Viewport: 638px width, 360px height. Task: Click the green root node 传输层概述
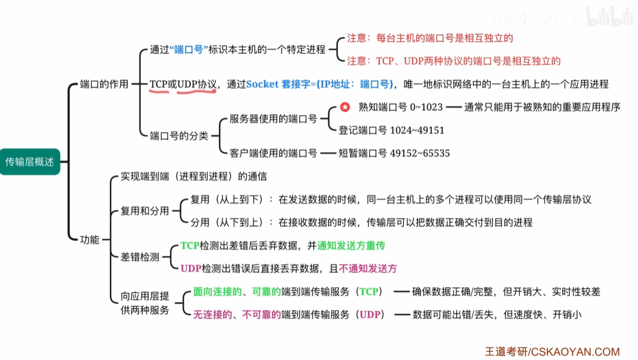tap(29, 162)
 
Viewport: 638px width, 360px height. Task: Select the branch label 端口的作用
tap(104, 84)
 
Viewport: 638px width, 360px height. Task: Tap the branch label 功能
tap(89, 239)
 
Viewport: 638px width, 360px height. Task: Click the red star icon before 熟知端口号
tap(345, 108)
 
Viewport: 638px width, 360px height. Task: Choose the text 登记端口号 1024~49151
tap(391, 130)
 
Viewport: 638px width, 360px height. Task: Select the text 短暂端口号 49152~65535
tap(394, 153)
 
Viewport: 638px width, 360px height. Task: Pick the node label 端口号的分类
tap(179, 136)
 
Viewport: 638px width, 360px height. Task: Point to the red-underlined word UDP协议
tap(198, 84)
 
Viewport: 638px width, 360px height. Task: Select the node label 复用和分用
tap(145, 211)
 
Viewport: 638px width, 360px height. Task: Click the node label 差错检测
tap(139, 256)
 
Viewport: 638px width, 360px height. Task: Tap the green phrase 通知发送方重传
tap(351, 245)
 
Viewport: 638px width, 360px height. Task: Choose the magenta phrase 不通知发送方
tap(368, 268)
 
